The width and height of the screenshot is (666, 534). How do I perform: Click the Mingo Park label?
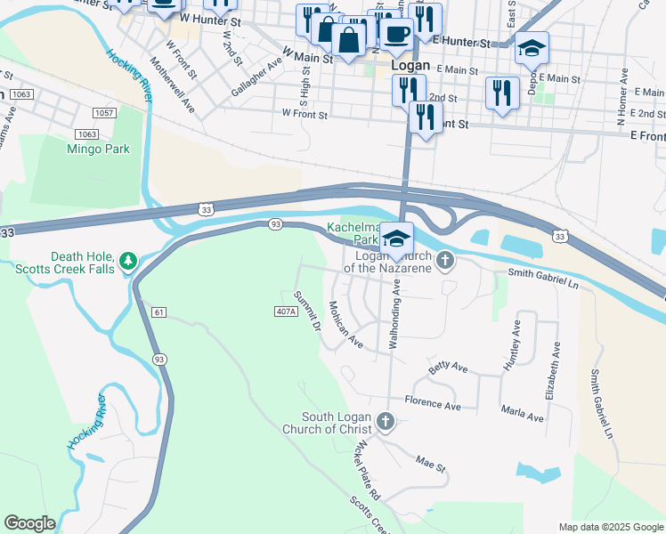tap(98, 149)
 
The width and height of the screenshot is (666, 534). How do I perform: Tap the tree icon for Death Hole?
tap(129, 260)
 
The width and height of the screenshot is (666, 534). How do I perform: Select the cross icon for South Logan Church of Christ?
tap(385, 420)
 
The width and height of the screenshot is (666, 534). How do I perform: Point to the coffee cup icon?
tap(396, 35)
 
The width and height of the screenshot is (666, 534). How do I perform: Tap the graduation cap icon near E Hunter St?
tap(532, 48)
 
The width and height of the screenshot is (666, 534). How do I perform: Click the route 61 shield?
tap(159, 311)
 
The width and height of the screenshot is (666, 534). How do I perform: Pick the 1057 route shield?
tap(103, 112)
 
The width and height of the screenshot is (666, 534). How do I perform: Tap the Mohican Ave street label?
tap(345, 323)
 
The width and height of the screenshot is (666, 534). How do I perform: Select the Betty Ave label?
tap(448, 367)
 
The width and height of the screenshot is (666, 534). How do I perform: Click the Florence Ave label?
tap(433, 405)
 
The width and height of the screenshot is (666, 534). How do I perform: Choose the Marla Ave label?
tap(522, 416)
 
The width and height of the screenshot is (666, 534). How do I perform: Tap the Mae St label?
tap(430, 462)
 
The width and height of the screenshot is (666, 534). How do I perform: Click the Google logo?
tap(29, 523)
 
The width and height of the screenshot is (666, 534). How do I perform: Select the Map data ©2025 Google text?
tap(610, 526)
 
